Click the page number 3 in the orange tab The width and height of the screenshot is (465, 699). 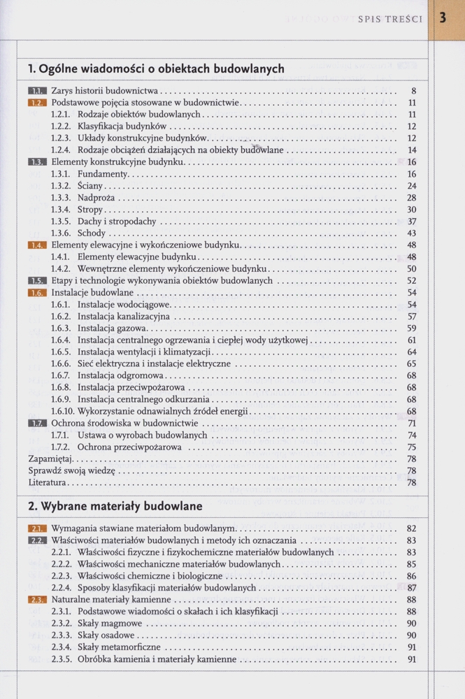click(x=443, y=18)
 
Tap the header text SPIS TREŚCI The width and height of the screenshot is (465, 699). click(x=390, y=19)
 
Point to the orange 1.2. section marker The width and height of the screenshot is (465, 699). click(x=37, y=103)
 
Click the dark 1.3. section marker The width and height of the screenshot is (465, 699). click(x=37, y=162)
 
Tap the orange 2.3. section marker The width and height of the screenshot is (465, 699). click(x=37, y=600)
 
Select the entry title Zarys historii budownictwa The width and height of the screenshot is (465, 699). click(x=106, y=91)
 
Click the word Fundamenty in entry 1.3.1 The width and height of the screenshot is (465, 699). click(x=103, y=174)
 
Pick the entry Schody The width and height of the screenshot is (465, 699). click(x=92, y=233)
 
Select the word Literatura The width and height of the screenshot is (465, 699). click(x=48, y=482)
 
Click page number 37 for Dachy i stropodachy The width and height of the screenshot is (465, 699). click(x=412, y=222)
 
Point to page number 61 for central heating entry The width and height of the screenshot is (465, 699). click(x=412, y=340)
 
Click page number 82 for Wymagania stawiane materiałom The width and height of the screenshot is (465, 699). click(x=412, y=528)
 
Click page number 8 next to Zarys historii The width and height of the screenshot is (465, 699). click(x=414, y=91)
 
